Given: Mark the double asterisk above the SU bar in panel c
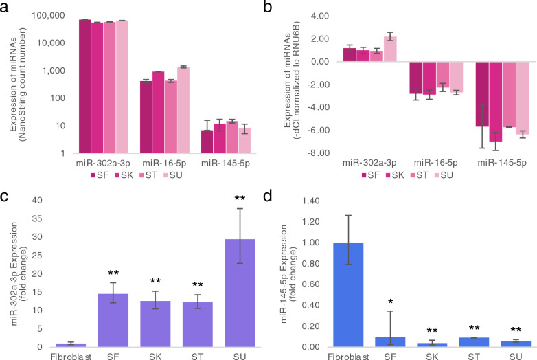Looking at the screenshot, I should point(238,199).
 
